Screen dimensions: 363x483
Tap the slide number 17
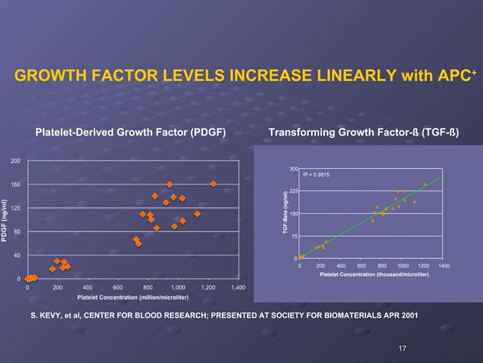pos(402,348)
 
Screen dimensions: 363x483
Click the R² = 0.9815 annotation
pos(314,175)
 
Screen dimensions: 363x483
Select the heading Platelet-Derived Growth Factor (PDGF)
pos(131,133)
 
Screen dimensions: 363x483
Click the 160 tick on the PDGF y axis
pos(15,185)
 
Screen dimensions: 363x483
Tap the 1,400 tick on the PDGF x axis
pos(238,288)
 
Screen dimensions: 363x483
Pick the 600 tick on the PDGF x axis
pos(117,288)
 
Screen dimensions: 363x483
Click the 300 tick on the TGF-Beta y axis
pos(294,168)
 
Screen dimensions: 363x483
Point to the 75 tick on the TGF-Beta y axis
pos(294,236)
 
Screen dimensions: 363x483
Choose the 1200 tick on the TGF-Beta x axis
pos(423,265)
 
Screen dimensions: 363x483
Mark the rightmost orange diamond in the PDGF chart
pos(213,184)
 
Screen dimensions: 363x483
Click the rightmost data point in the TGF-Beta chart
pos(425,184)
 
